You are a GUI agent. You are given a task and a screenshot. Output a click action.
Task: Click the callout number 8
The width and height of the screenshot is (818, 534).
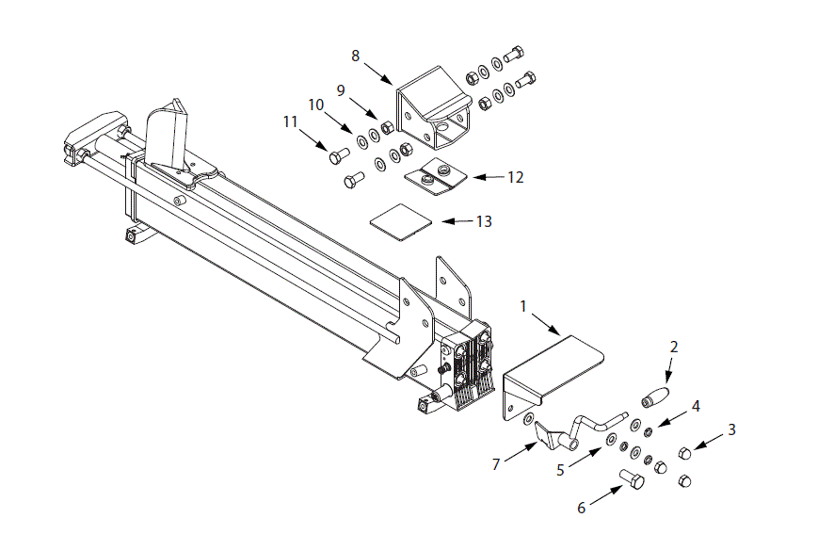pos(356,56)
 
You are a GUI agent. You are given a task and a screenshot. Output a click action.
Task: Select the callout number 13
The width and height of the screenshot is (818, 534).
pos(485,221)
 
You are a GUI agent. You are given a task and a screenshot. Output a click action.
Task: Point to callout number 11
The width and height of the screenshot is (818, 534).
pos(290,121)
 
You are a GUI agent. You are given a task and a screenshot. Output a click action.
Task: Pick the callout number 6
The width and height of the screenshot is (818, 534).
pos(581,509)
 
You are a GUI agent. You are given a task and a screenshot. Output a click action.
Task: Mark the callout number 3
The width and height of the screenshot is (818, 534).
pos(731,429)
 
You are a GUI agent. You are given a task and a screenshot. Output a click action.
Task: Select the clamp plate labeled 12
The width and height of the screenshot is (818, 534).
pos(437,176)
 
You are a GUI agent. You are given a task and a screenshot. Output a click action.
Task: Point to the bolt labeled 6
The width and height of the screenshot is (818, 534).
pos(632,481)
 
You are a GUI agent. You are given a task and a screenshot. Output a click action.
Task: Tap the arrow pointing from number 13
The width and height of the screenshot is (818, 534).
pos(457,221)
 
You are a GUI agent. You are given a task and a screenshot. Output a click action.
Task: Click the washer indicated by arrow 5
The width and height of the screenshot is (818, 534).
pos(611,440)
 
